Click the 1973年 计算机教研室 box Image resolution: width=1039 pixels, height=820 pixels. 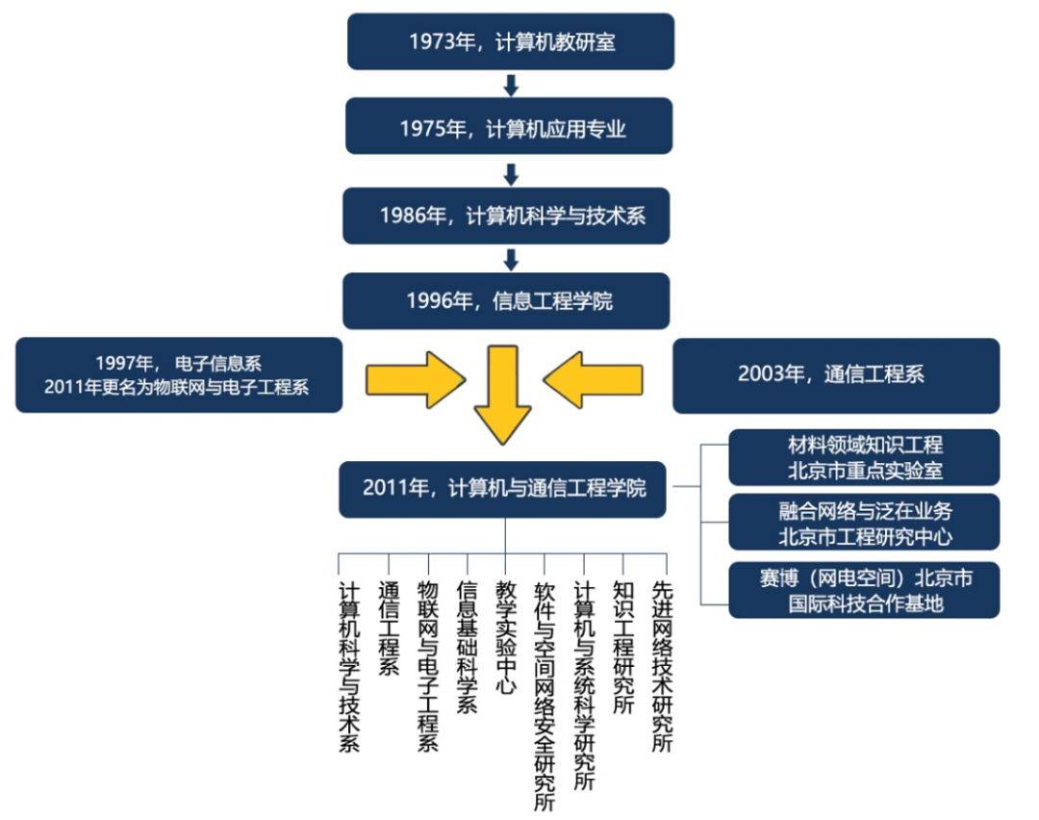(x=511, y=41)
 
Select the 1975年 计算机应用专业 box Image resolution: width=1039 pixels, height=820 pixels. (x=510, y=127)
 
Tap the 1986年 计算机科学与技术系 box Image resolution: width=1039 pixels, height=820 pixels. (x=507, y=215)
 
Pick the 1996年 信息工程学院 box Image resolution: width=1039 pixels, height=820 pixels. (x=507, y=300)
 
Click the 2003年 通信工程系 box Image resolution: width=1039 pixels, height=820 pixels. (x=835, y=375)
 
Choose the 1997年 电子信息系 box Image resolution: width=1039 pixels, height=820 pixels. (x=179, y=375)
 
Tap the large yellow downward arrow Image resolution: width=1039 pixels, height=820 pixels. (x=501, y=395)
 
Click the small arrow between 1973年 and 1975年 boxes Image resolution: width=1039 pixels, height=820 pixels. (x=511, y=86)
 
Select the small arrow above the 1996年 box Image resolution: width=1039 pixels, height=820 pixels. (x=511, y=259)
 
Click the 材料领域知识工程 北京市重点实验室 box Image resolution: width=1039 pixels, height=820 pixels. (x=863, y=457)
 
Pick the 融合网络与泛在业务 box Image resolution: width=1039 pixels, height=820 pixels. (x=863, y=523)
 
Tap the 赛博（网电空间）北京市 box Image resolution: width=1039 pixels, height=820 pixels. (x=863, y=590)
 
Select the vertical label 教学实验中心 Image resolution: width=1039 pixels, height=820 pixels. (x=506, y=636)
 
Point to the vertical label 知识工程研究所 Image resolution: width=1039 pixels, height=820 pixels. (x=623, y=646)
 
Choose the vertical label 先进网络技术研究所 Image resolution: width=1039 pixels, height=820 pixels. (x=662, y=665)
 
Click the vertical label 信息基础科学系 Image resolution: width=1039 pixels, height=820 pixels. (x=468, y=646)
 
